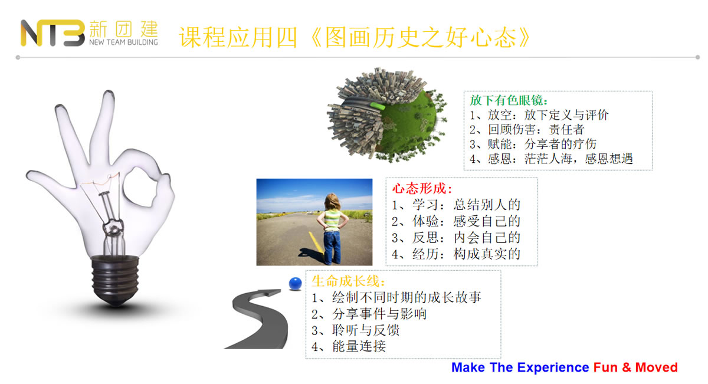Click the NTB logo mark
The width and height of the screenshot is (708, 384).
point(53,33)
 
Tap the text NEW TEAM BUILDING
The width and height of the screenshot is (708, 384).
point(123,42)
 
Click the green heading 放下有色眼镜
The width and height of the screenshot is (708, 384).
point(509,100)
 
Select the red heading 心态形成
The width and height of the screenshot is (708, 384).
point(422,189)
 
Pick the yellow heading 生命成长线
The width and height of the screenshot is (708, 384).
point(348,281)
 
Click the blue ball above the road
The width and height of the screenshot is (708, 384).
point(295,284)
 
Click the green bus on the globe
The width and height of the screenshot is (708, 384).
point(378,106)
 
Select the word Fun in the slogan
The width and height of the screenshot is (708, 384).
point(605,367)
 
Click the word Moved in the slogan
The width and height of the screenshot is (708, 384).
point(656,367)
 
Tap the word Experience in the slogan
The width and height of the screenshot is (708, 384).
point(553,368)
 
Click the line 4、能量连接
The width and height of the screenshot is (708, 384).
point(349,346)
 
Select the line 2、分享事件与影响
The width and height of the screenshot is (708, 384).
point(369,314)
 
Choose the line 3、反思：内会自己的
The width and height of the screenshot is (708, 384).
point(455,238)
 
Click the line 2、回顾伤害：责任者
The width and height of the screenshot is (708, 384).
point(526,130)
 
